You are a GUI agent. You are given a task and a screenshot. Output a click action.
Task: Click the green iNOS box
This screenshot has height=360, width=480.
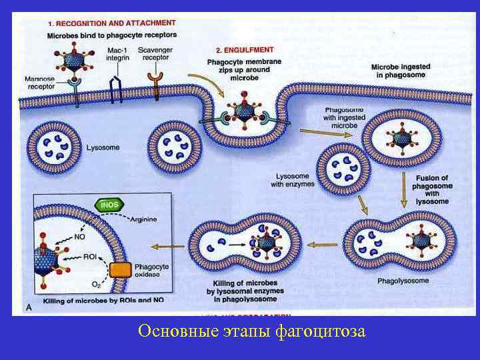click(x=110, y=205)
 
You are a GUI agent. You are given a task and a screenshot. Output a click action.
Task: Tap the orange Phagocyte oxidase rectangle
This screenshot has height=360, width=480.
click(x=121, y=270)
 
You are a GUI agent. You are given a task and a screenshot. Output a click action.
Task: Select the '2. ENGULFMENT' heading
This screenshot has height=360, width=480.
click(x=243, y=49)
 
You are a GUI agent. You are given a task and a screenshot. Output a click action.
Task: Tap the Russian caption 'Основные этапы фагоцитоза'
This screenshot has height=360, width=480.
click(x=251, y=331)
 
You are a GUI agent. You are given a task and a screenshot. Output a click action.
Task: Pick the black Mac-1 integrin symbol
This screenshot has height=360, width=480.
click(x=116, y=89)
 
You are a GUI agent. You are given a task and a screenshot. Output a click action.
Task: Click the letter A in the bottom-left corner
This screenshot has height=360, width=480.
click(x=28, y=307)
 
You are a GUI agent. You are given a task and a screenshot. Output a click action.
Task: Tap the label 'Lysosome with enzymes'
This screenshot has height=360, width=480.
click(x=294, y=180)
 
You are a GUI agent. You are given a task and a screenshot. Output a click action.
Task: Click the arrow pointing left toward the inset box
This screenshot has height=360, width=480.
click(x=167, y=246)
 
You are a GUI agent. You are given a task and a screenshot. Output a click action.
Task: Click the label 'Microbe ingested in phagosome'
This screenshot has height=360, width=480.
click(x=400, y=71)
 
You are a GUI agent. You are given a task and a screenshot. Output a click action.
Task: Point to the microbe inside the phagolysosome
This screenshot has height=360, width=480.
click(x=421, y=240)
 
